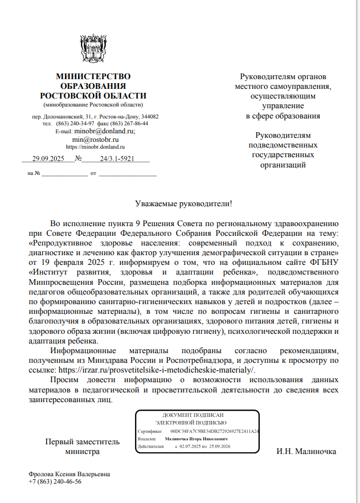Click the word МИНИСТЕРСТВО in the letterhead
point(93,76)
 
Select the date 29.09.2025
point(48,159)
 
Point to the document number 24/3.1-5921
point(117,159)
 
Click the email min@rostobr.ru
point(95,139)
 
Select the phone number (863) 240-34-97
point(75,123)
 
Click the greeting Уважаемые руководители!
point(183,203)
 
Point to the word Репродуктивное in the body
point(62,242)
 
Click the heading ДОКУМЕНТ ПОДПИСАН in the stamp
point(193,415)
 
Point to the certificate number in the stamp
point(215,432)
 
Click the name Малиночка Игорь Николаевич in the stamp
point(196,440)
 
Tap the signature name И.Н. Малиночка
point(306,452)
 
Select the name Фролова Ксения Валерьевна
point(69,474)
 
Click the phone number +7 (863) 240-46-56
point(55,481)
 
